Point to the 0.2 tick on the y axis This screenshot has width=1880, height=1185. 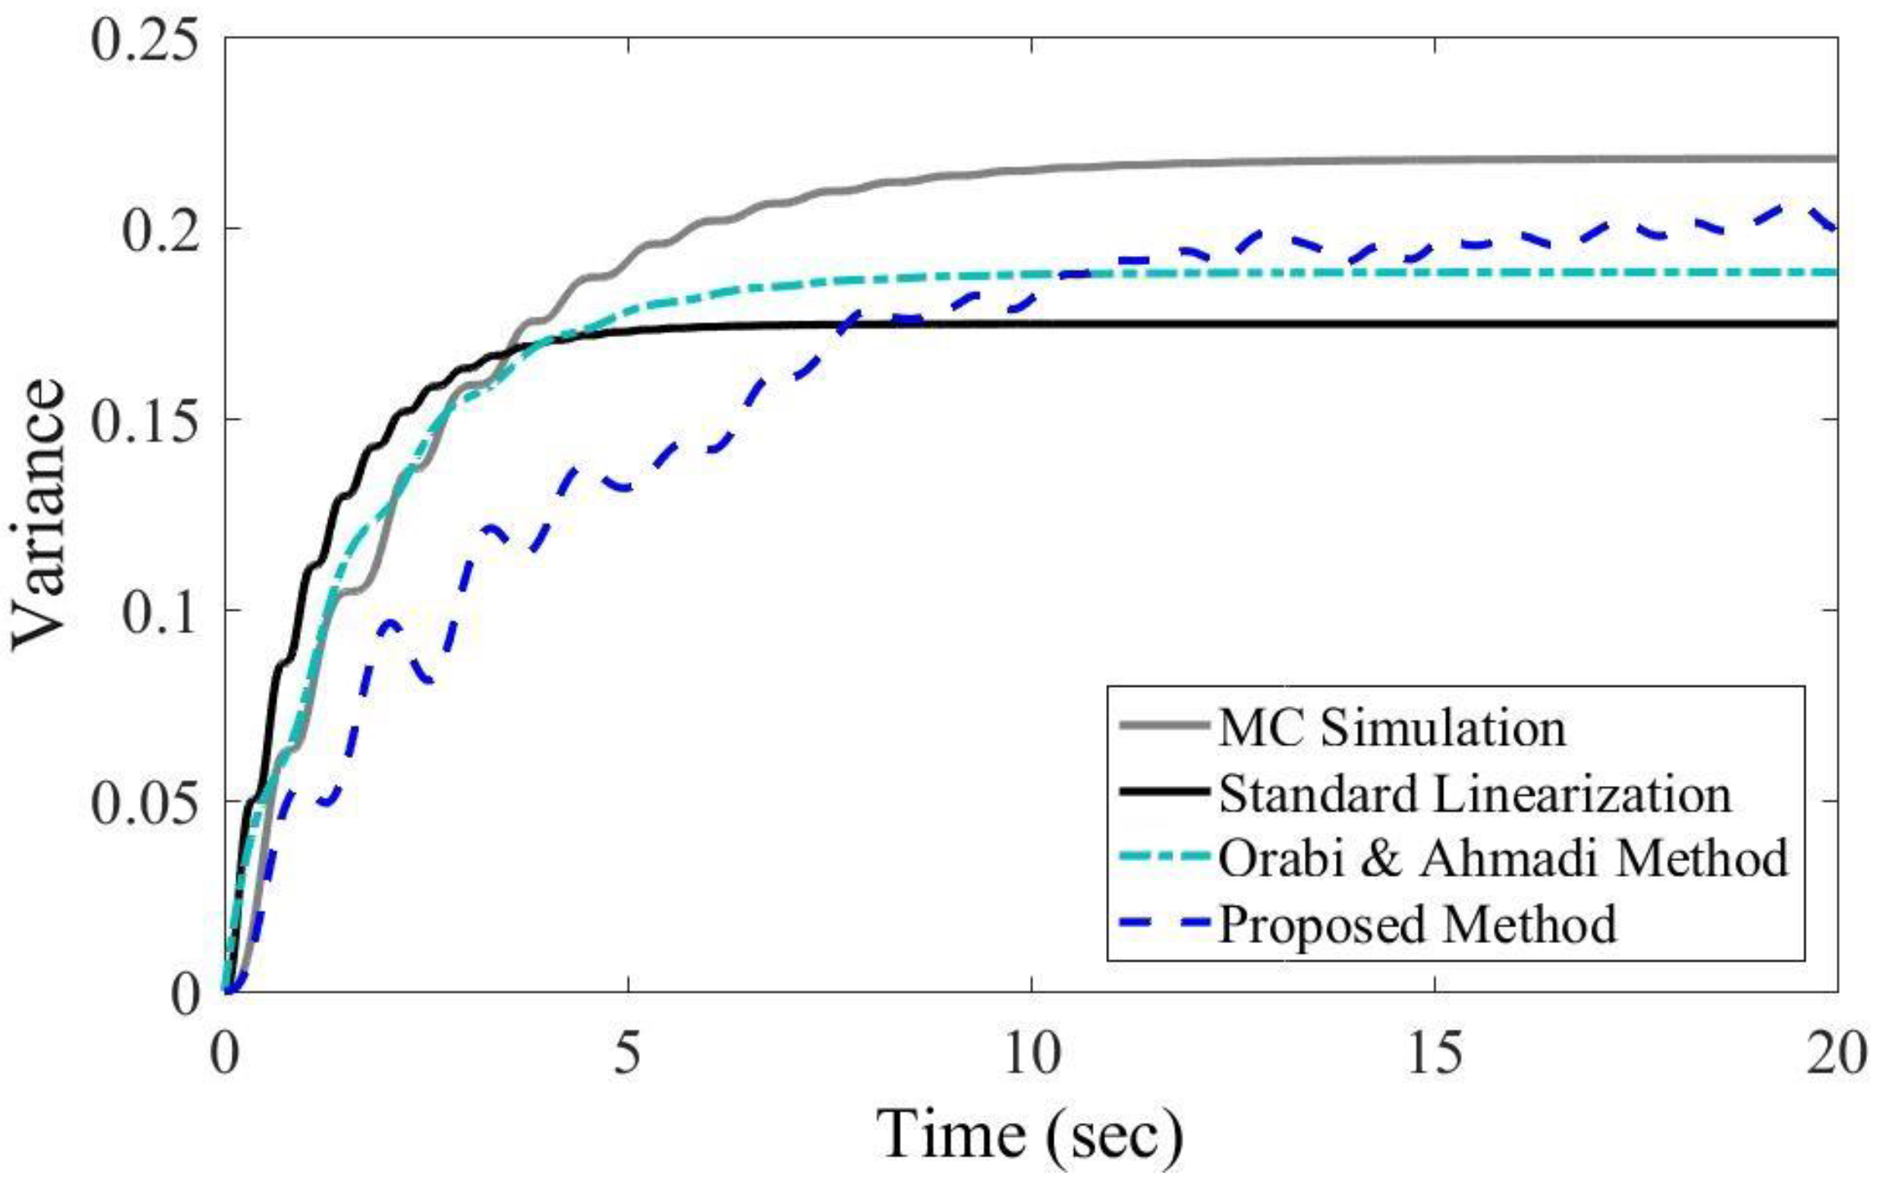(x=160, y=230)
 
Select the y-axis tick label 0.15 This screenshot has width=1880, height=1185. (x=144, y=420)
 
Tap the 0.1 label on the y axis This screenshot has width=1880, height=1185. (x=160, y=611)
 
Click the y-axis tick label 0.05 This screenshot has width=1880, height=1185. (x=144, y=802)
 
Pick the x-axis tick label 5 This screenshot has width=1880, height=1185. (x=627, y=1053)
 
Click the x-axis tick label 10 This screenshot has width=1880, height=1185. (x=1031, y=1053)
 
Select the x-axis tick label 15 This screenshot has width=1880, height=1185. (x=1435, y=1053)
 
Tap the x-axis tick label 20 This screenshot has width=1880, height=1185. (x=1837, y=1053)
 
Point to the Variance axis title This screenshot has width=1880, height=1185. (x=39, y=515)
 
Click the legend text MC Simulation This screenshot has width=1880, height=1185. (x=1392, y=727)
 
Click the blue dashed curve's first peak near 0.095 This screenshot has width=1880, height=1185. (x=390, y=623)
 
